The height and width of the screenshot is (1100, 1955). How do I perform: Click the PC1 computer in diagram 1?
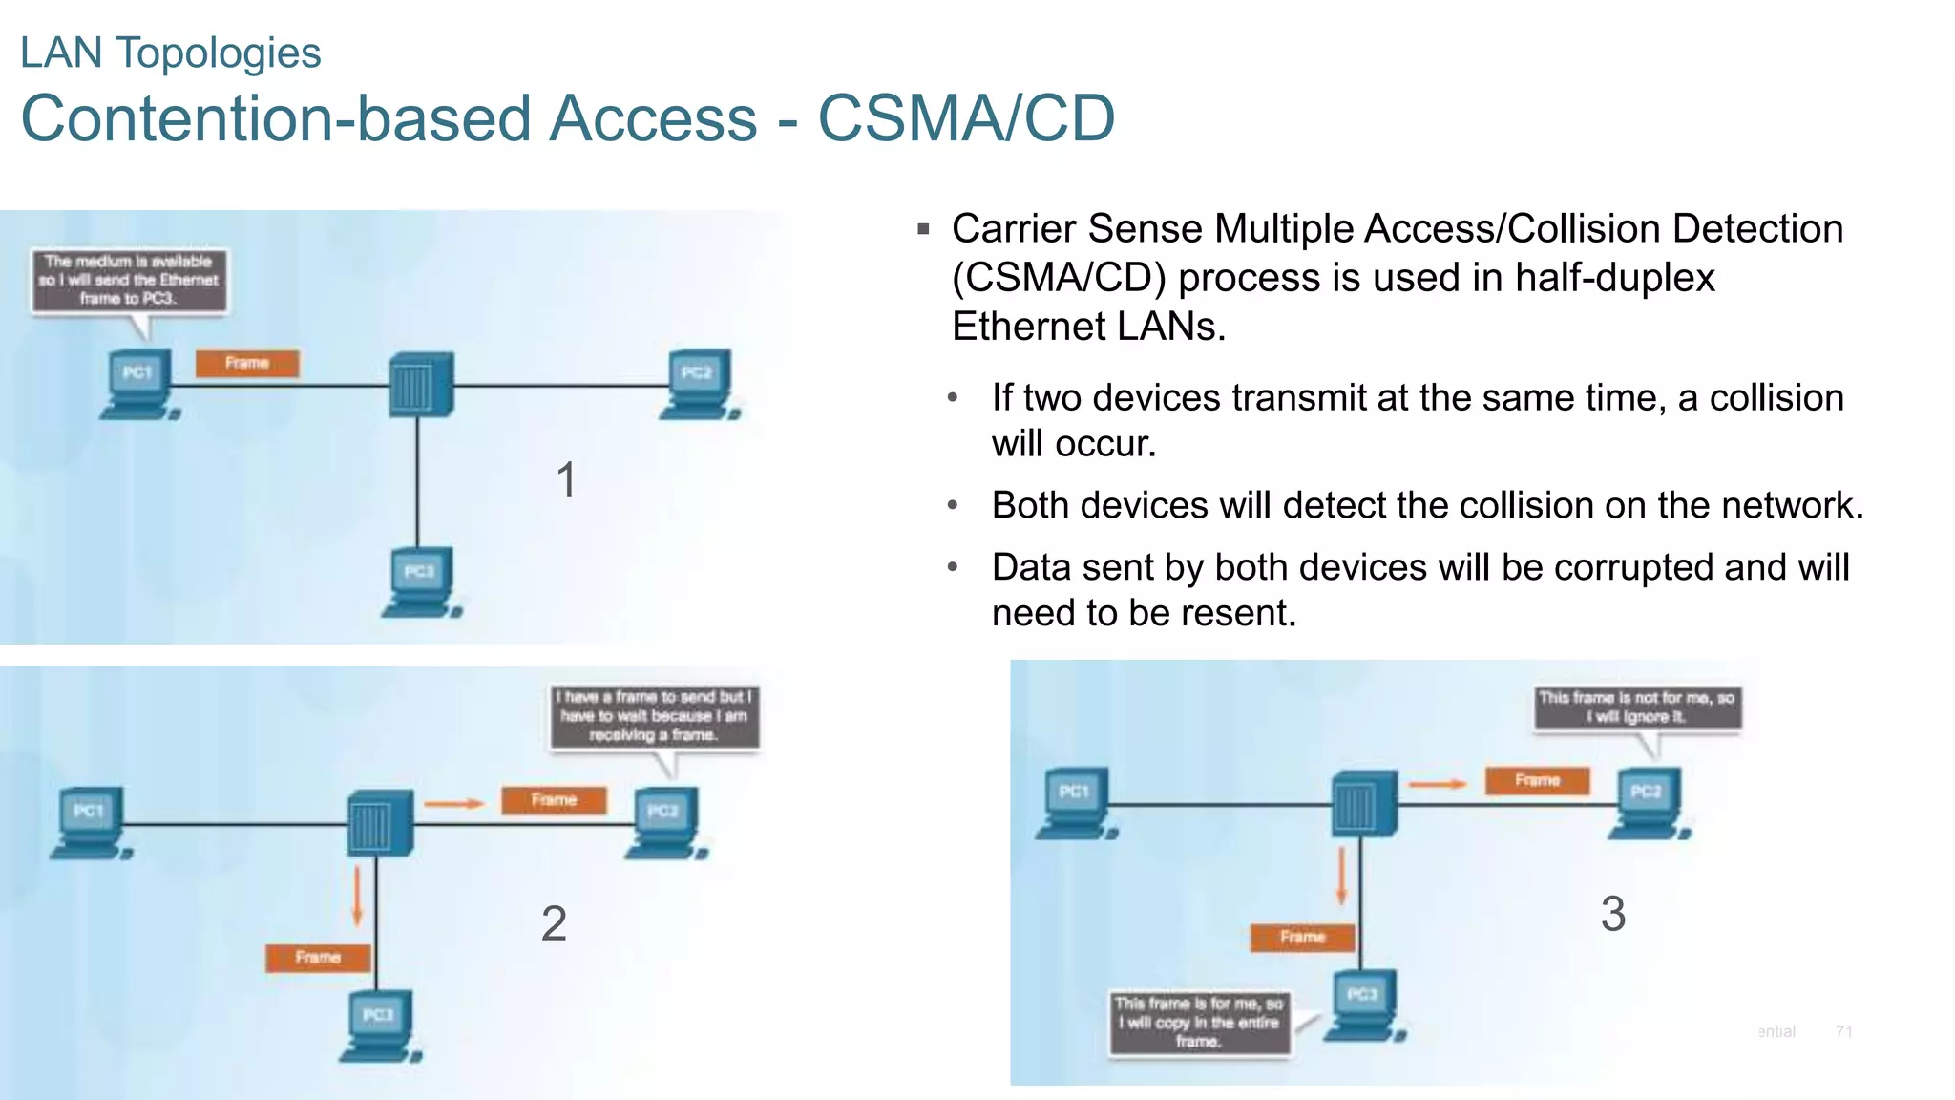coord(138,384)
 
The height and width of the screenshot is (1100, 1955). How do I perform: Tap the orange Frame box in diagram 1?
coord(247,363)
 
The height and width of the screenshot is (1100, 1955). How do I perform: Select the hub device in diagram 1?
coord(420,384)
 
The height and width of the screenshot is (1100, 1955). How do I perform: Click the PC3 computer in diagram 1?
coord(421,582)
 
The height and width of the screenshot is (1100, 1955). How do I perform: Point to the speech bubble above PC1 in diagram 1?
coord(129,281)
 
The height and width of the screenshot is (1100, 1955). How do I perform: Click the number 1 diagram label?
coord(566,479)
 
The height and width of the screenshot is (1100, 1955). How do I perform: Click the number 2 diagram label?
coord(554,923)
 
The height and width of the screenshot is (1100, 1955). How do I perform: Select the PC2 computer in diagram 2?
coord(664,822)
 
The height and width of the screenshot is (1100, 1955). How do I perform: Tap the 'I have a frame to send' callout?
coord(654,716)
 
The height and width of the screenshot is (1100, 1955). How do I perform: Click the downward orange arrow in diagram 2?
coord(358,896)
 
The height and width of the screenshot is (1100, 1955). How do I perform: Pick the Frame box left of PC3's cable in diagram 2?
coord(318,957)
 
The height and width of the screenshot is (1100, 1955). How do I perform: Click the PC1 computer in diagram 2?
coord(90,822)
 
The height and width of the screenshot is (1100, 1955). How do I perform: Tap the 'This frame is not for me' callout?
coord(1636,708)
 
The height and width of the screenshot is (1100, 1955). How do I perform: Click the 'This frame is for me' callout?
coord(1199,1023)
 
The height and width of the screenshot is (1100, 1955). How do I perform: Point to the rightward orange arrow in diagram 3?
coord(1437,784)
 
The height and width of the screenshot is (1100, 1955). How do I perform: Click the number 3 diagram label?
coord(1613,914)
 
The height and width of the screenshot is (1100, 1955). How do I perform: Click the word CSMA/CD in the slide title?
coord(966,118)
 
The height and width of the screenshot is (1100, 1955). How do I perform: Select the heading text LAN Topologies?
coord(171,53)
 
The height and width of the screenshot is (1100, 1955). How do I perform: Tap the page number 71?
coord(1843,1031)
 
